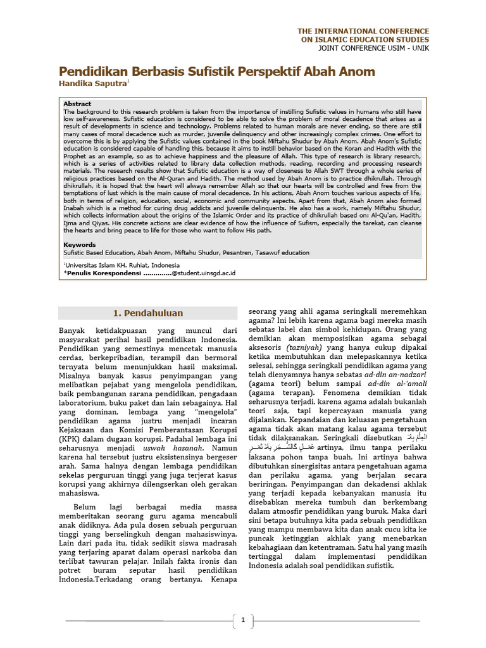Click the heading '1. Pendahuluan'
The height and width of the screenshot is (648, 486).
[x=147, y=313]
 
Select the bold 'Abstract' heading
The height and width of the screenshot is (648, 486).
[x=77, y=104]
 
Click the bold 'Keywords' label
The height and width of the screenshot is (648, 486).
[x=80, y=244]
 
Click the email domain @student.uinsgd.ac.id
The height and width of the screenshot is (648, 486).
[x=204, y=273]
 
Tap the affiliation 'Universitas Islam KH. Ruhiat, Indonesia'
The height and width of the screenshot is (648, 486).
[x=122, y=265]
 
